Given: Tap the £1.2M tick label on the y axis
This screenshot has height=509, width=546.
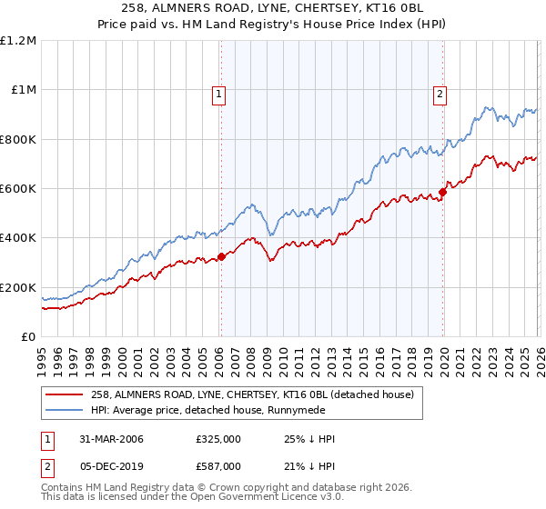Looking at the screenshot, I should tap(19, 41).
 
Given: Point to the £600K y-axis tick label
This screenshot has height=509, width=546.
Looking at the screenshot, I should tap(17, 189).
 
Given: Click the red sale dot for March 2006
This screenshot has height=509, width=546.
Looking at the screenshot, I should tap(221, 257).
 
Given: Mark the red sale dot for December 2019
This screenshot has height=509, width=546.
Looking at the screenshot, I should tap(443, 192).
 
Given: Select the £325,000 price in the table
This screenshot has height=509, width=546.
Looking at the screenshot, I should tap(217, 439).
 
